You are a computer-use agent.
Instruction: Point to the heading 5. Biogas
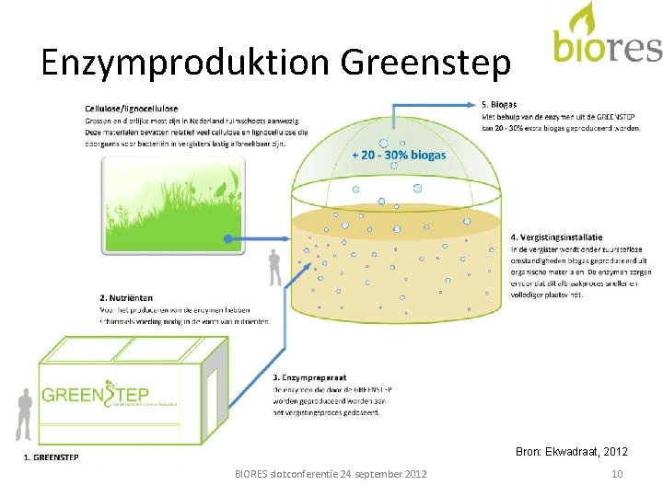point(499,104)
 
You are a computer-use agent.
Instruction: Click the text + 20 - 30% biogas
point(399,155)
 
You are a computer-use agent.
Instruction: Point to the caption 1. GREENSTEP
point(51,457)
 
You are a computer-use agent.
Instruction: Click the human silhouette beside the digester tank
point(274,269)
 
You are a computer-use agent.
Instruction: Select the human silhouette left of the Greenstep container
point(25,414)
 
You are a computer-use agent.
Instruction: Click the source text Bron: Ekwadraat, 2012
point(573,451)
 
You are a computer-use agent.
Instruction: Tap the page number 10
point(617,474)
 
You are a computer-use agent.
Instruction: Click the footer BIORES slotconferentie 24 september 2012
point(331,474)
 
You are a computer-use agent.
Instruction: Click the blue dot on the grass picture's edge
point(227,239)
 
